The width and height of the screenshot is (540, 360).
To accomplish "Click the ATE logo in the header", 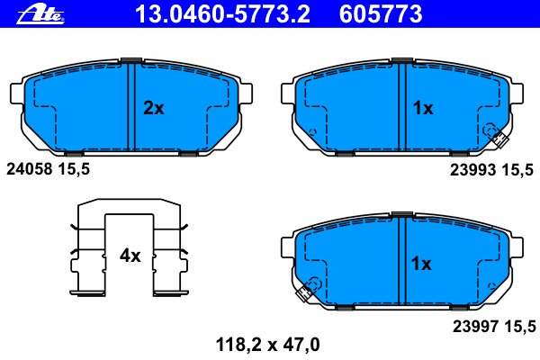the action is (x=40, y=14).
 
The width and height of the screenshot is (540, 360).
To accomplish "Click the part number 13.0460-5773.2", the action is (x=222, y=14).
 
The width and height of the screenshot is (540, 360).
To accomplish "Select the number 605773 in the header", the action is (x=381, y=14).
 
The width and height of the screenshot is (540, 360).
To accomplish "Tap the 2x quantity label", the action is (x=154, y=108).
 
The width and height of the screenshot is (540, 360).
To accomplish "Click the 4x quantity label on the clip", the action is (x=130, y=256).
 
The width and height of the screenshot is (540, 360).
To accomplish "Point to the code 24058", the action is (x=30, y=169).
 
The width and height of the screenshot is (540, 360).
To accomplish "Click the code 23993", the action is (x=472, y=170).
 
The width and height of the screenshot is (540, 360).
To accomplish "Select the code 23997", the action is (x=475, y=326).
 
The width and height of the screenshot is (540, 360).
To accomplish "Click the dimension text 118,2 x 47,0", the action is (x=267, y=345).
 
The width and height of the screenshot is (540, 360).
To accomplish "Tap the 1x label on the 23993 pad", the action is (x=423, y=108).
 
